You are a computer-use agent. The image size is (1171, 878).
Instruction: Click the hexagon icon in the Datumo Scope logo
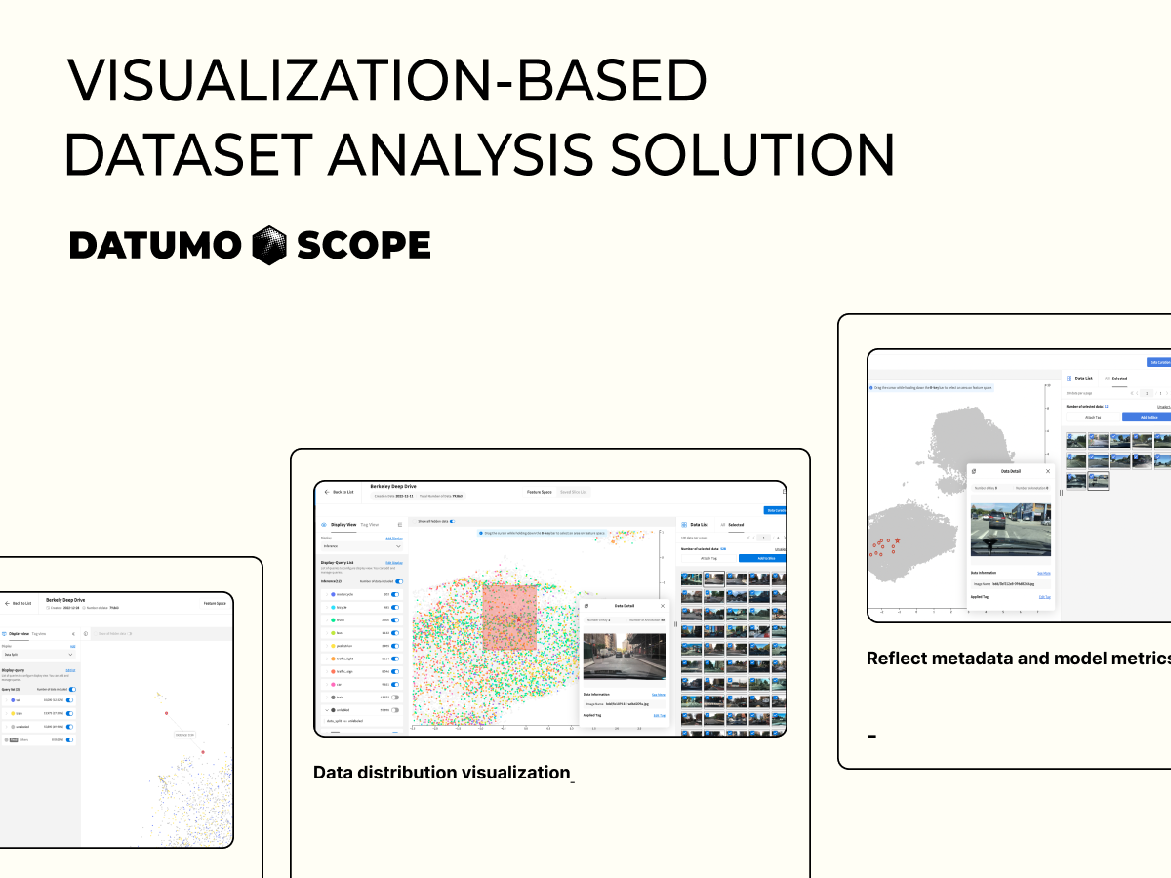click(268, 245)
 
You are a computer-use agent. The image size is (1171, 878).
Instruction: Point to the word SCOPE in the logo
click(363, 246)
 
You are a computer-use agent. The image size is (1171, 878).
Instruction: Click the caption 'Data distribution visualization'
click(441, 773)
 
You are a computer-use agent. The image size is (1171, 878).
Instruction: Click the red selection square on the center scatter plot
click(508, 617)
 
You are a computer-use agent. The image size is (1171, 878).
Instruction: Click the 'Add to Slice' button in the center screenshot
click(761, 558)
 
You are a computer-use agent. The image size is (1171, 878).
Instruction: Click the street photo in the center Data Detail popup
click(624, 657)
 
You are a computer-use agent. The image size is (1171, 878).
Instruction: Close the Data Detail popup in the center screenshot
click(663, 606)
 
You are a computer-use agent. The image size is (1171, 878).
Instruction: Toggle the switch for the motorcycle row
click(396, 594)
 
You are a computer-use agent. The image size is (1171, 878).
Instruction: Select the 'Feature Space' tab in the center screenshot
click(539, 492)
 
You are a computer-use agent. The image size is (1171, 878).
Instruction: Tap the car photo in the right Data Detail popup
click(1010, 530)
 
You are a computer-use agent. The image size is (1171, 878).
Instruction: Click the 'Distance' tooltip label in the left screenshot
click(184, 734)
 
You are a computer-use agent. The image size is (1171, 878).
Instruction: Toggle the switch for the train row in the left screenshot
click(69, 713)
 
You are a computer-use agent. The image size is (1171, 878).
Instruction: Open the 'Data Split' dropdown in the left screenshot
click(38, 655)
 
